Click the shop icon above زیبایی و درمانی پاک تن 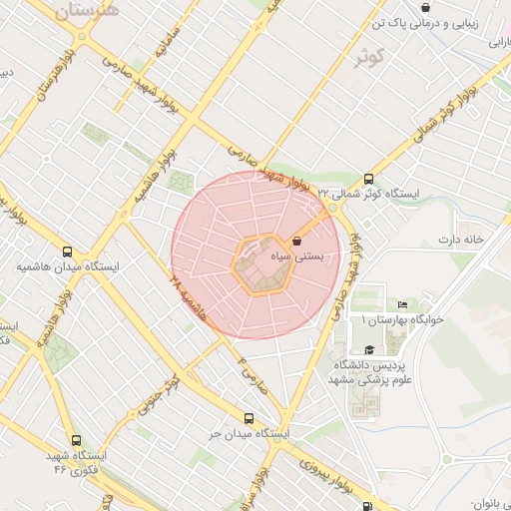coord(426,8)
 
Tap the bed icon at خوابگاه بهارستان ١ coord(403,304)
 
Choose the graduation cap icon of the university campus coord(370,349)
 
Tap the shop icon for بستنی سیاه coord(296,241)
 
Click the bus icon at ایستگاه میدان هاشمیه coord(67,252)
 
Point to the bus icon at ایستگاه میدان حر coord(249,419)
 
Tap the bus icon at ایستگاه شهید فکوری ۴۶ coord(76,439)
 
